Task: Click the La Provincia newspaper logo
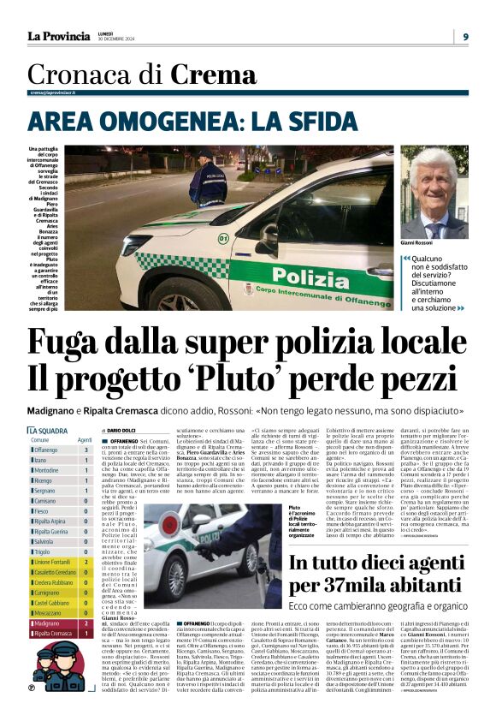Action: pos(58,35)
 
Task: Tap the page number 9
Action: pos(466,36)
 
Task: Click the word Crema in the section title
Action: pos(214,76)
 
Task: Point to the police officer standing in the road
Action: pos(207,179)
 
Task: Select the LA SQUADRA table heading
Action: pos(50,430)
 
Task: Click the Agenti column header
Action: pos(85,439)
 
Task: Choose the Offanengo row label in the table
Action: pos(47,450)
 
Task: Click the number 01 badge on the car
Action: pos(223,238)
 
